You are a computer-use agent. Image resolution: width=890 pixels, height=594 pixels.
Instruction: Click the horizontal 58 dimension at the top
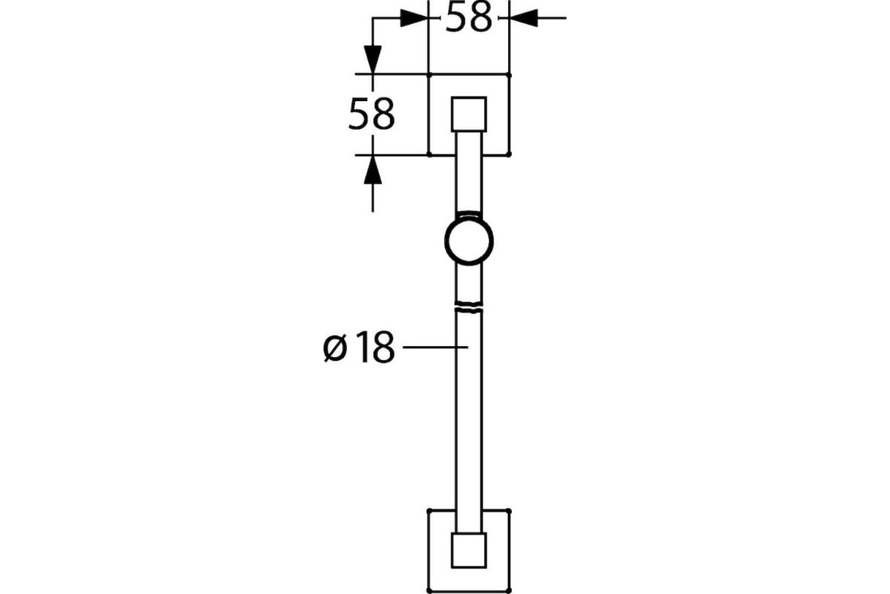point(469,18)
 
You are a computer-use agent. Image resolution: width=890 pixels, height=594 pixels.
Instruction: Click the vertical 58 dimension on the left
point(372,114)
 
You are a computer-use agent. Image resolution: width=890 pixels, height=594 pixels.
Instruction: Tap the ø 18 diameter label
point(359,347)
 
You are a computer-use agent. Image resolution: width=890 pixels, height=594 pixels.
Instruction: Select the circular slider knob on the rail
point(469,241)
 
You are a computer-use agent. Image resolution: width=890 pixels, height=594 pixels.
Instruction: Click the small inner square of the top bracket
point(469,114)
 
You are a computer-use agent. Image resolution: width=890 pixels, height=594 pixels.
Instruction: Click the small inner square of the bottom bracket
point(469,550)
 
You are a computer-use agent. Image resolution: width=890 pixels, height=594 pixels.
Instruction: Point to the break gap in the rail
point(469,304)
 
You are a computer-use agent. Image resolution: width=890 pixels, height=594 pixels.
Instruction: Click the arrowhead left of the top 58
point(414,19)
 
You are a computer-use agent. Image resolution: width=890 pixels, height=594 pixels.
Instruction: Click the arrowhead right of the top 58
point(524,19)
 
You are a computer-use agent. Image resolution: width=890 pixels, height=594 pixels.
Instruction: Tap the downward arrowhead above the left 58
point(372,59)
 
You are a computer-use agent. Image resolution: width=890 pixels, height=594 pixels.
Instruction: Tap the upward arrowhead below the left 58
point(372,170)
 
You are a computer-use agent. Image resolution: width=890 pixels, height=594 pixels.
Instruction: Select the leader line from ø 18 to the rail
point(435,347)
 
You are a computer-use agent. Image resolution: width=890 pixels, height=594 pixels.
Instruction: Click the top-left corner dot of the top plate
point(429,75)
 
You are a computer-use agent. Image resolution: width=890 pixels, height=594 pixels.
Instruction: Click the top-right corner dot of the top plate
point(509,75)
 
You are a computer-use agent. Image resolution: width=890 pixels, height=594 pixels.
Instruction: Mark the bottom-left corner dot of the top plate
point(429,154)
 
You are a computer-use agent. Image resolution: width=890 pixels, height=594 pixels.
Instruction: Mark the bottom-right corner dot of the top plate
point(509,154)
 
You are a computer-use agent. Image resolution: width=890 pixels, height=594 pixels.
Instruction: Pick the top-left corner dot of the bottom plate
point(429,510)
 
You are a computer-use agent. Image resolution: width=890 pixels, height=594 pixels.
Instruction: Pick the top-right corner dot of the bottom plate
point(509,510)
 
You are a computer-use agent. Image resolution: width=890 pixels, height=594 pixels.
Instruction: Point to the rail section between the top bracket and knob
point(469,171)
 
